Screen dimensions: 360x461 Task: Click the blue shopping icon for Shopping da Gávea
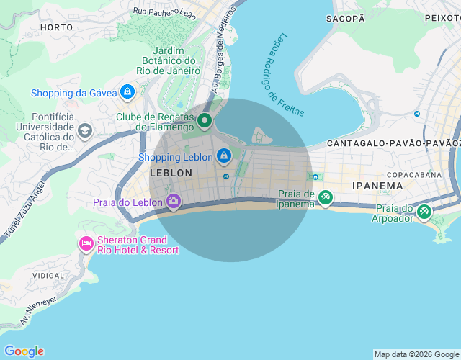tap(127, 92)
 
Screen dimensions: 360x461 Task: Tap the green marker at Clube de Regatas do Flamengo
tap(204, 121)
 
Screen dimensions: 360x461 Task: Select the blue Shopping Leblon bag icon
tap(224, 156)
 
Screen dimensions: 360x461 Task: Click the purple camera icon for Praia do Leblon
tap(173, 201)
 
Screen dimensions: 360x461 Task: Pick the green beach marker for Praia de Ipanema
tap(326, 197)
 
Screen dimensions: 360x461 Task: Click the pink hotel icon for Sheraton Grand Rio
tap(86, 243)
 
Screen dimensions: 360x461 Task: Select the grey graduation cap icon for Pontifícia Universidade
tap(85, 131)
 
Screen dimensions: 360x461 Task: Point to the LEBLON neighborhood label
tap(171, 173)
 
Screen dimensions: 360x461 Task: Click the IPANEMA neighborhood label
tap(377, 186)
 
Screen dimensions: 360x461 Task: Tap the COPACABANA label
tap(413, 174)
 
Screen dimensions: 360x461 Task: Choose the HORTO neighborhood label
tap(57, 27)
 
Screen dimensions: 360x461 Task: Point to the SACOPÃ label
tap(345, 19)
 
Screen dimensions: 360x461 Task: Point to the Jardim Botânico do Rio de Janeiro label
tap(169, 60)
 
